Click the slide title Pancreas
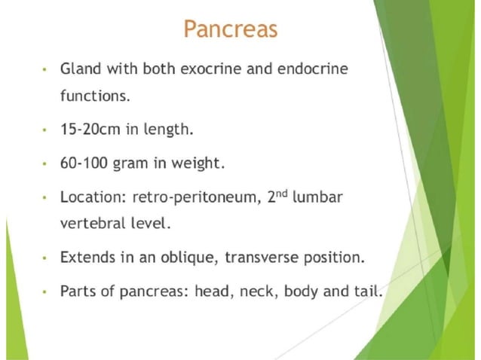click(231, 30)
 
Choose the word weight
click(200, 163)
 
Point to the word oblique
click(183, 257)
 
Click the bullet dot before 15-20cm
click(45, 130)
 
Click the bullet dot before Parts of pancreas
click(45, 291)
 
